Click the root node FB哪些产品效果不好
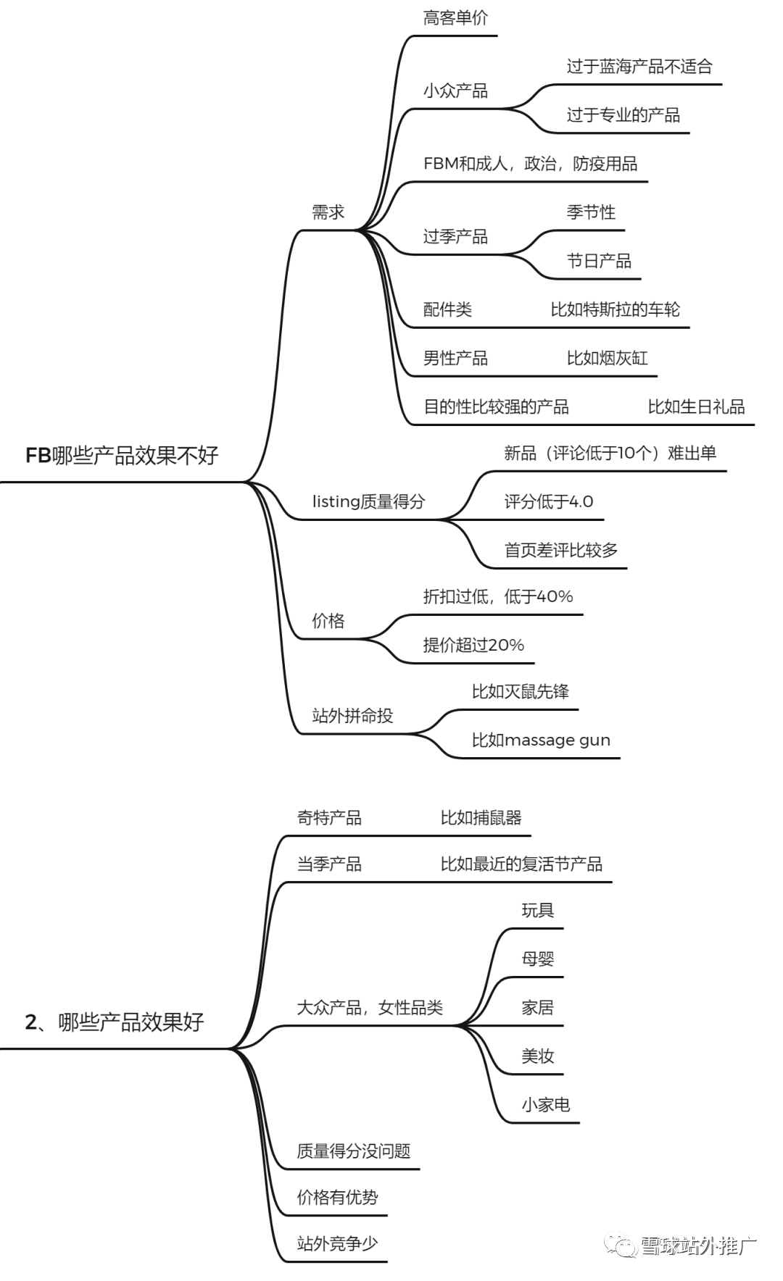tap(122, 455)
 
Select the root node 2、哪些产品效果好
tap(115, 1022)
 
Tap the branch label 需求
tap(328, 212)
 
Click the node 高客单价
tap(455, 18)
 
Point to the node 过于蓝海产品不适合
tap(639, 67)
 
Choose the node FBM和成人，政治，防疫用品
tap(530, 164)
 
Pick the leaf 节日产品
tap(599, 261)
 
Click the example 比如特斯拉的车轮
tap(615, 309)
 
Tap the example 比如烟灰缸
tap(607, 358)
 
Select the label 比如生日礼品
tap(696, 406)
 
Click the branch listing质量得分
tap(368, 501)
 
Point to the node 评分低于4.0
tap(549, 501)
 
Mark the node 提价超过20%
tap(473, 645)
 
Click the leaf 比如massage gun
tap(541, 740)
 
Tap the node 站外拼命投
tap(352, 716)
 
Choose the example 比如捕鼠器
tap(481, 818)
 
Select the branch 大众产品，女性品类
tap(370, 1007)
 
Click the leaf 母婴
tap(537, 959)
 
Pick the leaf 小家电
tap(545, 1104)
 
